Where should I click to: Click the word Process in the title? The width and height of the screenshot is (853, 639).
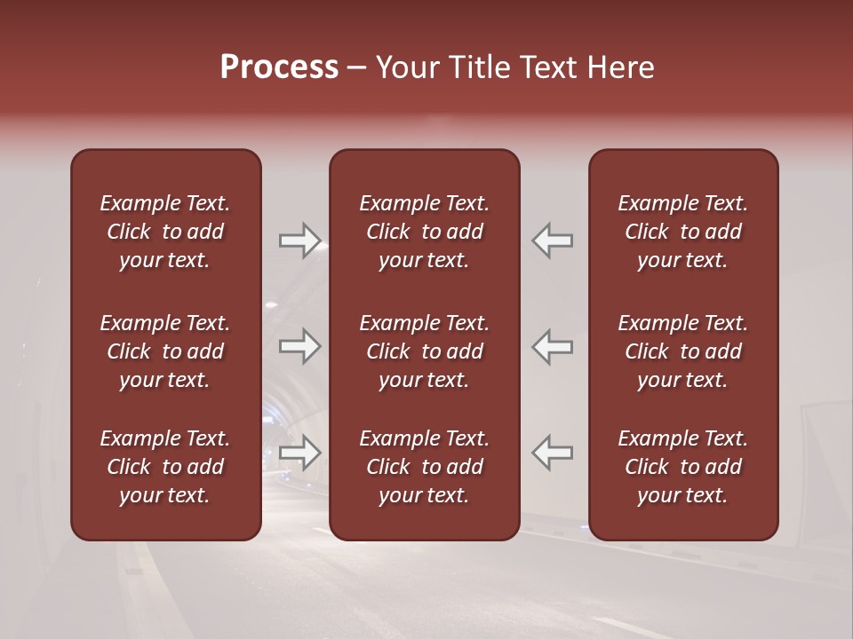tap(279, 67)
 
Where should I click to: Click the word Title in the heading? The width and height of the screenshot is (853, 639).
tap(482, 67)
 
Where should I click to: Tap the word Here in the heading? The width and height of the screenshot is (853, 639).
tap(622, 67)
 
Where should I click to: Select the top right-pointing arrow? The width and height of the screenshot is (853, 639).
tap(299, 241)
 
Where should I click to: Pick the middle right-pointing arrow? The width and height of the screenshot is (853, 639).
tap(299, 345)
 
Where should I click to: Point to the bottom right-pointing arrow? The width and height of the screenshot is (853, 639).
tap(299, 453)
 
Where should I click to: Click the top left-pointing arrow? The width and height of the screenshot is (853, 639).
tap(553, 241)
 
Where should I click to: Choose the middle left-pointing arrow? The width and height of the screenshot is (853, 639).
tap(553, 345)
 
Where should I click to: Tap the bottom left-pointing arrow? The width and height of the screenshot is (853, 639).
tap(553, 453)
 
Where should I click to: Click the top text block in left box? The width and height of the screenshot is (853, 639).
tap(165, 232)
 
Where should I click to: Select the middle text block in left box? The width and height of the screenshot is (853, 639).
tap(165, 351)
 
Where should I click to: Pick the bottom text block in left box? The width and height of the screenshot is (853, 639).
tap(165, 467)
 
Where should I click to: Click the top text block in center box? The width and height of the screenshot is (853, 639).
tap(424, 232)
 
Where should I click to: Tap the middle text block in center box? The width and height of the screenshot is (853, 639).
tap(424, 351)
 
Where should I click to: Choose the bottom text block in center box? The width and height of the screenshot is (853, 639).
tap(424, 467)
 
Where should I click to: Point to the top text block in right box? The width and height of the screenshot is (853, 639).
tap(682, 232)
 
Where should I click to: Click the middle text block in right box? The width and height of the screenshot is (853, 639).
tap(682, 351)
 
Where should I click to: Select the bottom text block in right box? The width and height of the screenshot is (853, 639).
tap(682, 467)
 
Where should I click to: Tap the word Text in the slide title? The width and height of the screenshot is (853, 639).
tap(551, 67)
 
